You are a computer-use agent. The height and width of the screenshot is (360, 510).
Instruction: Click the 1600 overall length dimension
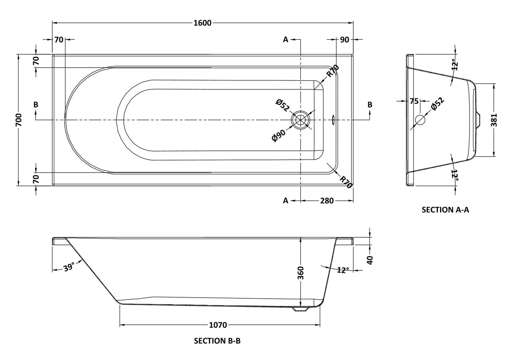pyautogui.click(x=202, y=23)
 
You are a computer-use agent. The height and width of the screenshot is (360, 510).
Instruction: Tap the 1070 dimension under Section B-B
pyautogui.click(x=217, y=325)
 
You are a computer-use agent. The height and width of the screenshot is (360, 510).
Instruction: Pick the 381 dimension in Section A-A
pyautogui.click(x=494, y=120)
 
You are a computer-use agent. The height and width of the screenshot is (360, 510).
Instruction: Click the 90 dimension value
pyautogui.click(x=344, y=39)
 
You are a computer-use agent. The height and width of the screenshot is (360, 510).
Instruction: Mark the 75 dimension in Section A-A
pyautogui.click(x=414, y=102)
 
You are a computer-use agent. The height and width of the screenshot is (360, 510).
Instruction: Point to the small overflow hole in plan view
pyautogui.click(x=333, y=120)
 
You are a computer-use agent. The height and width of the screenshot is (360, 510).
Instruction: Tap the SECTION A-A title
pyautogui.click(x=445, y=210)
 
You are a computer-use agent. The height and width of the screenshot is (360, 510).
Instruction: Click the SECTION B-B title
pyautogui.click(x=217, y=341)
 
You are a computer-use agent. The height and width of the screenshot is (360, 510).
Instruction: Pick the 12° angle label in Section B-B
pyautogui.click(x=343, y=270)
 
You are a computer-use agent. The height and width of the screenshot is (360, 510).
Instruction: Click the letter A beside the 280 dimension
pyautogui.click(x=286, y=201)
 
